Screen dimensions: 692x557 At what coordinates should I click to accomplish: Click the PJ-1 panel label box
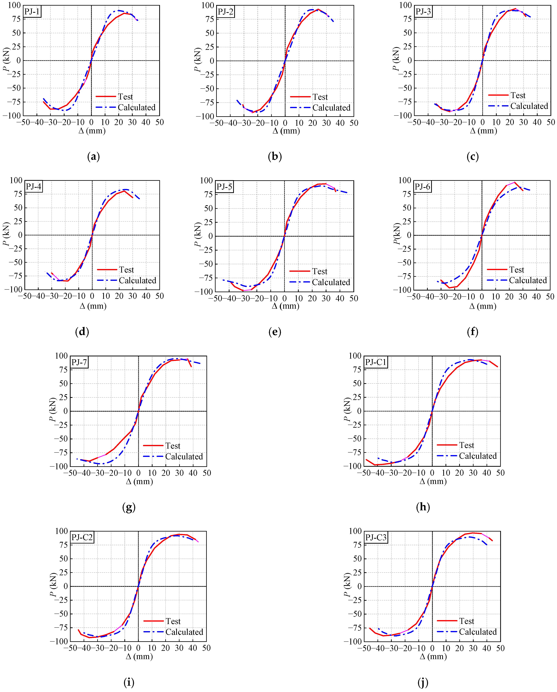[x=32, y=12]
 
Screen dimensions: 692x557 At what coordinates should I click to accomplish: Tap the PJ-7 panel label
[x=79, y=362]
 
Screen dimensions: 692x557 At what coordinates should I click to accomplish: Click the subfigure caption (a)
[x=93, y=157]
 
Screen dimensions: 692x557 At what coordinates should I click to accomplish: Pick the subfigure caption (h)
[x=423, y=507]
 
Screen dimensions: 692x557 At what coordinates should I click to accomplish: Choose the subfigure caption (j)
[x=423, y=682]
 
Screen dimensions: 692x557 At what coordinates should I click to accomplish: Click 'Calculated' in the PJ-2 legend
[x=331, y=108]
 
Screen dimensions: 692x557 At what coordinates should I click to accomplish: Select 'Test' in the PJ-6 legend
[x=516, y=270]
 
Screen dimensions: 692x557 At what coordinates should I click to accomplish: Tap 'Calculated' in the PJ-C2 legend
[x=184, y=632]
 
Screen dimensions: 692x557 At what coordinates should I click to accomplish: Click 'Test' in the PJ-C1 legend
[x=466, y=445]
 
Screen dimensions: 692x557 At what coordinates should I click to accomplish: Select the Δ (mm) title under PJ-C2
[x=139, y=656]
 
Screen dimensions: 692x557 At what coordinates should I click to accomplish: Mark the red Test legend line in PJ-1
[x=106, y=96]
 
